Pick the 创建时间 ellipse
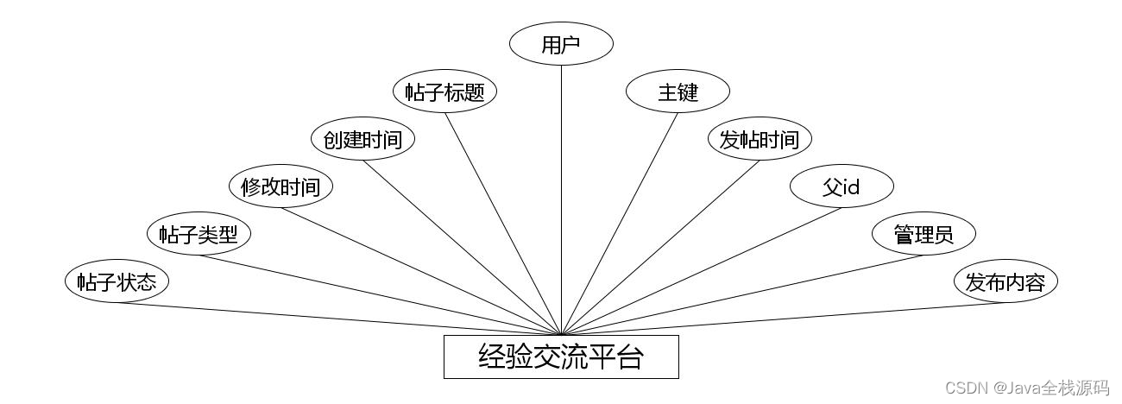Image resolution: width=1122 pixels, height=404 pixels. coord(363,140)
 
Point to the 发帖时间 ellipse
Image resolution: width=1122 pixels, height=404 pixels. coord(760,140)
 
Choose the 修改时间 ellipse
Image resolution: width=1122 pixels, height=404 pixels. coord(280,186)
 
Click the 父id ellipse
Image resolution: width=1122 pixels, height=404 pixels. coord(841,186)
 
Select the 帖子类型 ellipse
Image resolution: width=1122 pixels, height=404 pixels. coord(199,234)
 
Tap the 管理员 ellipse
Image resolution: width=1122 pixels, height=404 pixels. coord(923,234)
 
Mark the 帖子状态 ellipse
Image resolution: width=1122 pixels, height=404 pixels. coord(117,281)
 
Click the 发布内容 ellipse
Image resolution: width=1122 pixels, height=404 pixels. coord(1005,281)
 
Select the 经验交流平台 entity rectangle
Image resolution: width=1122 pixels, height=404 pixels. coord(561,357)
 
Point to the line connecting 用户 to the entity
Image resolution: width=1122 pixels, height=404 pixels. coord(561,199)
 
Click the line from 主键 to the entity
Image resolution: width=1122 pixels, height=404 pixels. coord(620,224)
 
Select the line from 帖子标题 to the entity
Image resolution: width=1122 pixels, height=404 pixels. coord(503,224)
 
